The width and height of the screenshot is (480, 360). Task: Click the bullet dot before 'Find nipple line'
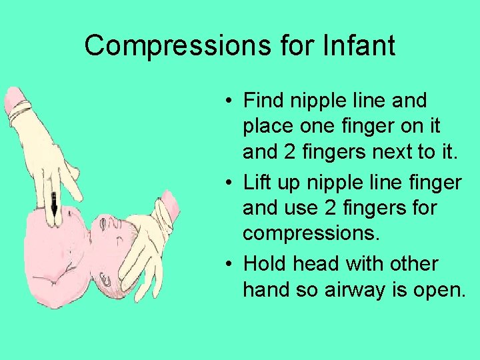[x=228, y=102]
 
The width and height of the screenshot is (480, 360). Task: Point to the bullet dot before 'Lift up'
[x=228, y=183]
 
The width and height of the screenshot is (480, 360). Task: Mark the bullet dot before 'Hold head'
[x=228, y=265]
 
